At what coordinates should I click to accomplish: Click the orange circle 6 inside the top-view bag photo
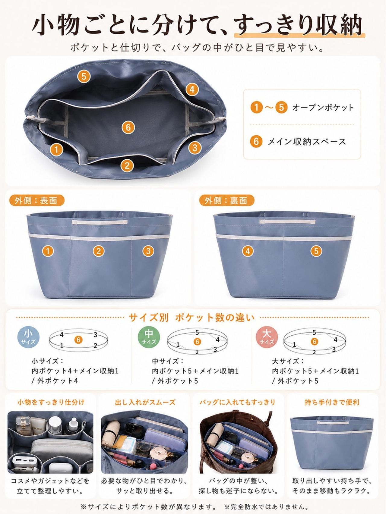pos(128,127)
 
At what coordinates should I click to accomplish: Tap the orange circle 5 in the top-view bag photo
pos(84,76)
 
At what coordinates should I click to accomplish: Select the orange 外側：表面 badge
pos(37,200)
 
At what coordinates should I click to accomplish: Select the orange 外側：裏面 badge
pos(226,200)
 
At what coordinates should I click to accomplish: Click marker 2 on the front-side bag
pos(98,251)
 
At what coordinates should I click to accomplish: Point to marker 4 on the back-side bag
pos(248,251)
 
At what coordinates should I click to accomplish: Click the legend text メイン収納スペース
pos(307,142)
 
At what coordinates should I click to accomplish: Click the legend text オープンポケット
pos(323,108)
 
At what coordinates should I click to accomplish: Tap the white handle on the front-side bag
pos(100,222)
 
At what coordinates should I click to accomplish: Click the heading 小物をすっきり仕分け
pos(51,402)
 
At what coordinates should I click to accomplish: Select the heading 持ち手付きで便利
pos(332,402)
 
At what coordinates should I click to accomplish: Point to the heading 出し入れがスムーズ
pos(145,402)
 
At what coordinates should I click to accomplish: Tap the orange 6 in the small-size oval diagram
pos(78,340)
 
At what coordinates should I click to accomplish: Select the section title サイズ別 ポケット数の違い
pos(192,318)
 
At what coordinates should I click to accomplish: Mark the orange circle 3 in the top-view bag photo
pos(195,148)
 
